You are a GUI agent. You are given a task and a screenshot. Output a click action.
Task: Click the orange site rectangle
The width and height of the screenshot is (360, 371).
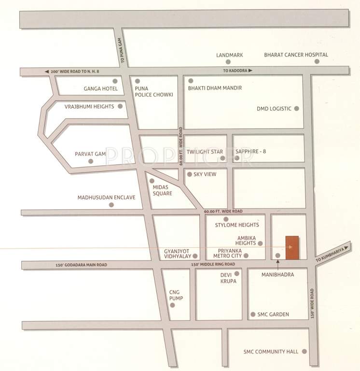tap(291, 248)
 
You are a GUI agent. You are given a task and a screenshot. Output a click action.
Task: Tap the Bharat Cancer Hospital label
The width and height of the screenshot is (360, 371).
tap(296, 55)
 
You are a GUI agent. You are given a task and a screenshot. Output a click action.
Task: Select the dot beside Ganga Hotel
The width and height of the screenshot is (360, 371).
tap(115, 81)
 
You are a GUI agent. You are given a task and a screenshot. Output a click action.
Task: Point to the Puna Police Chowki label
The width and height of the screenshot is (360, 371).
tap(154, 92)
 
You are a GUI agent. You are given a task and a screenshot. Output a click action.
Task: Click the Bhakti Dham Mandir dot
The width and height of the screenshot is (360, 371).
tap(191, 81)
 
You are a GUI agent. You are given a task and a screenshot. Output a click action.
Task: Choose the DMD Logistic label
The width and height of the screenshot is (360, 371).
tap(274, 109)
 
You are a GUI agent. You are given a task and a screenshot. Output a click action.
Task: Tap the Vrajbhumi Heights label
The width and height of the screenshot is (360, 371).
tap(90, 106)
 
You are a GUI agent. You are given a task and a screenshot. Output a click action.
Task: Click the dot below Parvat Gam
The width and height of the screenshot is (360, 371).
tap(91, 162)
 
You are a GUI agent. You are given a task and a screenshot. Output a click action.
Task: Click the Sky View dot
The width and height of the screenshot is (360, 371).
tap(189, 174)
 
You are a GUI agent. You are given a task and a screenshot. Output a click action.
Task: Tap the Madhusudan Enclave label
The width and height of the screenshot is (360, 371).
tap(107, 198)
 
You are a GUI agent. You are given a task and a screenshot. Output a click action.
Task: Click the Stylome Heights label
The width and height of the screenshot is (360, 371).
tap(237, 225)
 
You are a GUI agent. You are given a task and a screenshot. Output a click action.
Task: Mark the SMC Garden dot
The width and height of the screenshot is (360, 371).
tap(252, 314)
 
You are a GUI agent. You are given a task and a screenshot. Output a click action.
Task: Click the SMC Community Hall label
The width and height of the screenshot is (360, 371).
tap(271, 351)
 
